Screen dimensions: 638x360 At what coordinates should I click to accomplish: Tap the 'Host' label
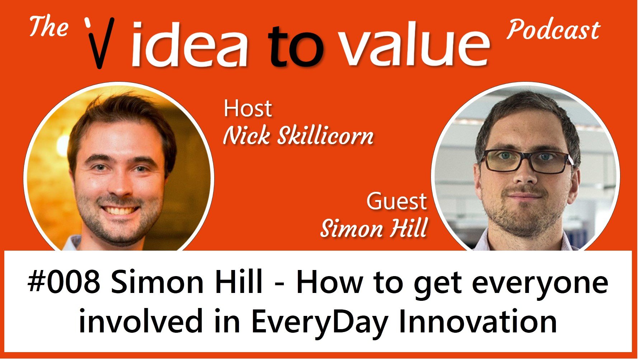[248, 108]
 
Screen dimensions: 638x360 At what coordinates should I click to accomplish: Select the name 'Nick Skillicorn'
[298, 136]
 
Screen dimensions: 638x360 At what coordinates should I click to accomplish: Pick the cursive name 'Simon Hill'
[374, 228]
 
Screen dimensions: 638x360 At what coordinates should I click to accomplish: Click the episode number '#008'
[64, 283]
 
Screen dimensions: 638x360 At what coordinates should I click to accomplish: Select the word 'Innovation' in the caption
[478, 321]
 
